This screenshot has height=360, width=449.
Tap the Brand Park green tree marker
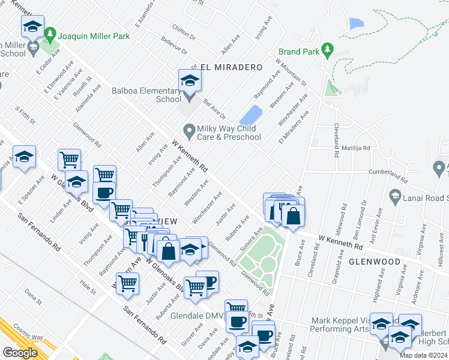click(x=327, y=49)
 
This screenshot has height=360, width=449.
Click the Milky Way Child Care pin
click(x=189, y=130)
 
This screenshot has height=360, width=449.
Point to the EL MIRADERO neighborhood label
click(x=232, y=67)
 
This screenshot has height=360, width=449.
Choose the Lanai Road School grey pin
click(x=395, y=196)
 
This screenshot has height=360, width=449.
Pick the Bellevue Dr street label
click(x=174, y=45)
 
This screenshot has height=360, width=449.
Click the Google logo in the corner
click(x=20, y=352)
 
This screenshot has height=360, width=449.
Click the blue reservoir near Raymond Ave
click(x=250, y=115)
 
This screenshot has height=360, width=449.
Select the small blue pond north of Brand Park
click(x=355, y=24)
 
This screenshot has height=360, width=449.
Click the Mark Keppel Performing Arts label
click(x=340, y=325)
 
